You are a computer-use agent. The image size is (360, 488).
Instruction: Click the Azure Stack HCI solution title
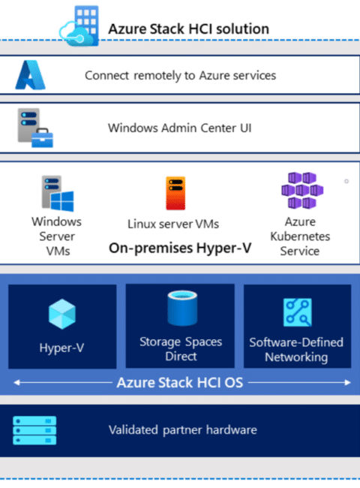pos(188,29)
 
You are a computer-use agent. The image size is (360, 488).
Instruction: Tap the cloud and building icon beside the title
pos(79,26)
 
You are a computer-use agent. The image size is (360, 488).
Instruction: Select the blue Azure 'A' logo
pos(31,75)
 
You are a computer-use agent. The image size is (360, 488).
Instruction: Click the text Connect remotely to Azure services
pos(180,76)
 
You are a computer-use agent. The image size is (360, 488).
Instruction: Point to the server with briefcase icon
pos(35,128)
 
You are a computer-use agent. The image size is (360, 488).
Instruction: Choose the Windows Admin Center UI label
pos(180,128)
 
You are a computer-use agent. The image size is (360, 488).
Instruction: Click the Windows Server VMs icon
pos(58,194)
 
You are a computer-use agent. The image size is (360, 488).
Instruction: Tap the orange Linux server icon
pos(175,193)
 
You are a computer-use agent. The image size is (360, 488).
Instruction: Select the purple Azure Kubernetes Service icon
pos(302,190)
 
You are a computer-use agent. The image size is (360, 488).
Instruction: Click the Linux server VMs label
pos(173,224)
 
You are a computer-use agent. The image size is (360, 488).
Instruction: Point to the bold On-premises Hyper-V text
pos(180,248)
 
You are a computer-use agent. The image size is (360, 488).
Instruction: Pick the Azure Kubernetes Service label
pos(300,236)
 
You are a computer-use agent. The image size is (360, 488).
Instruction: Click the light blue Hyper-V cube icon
pos(62,314)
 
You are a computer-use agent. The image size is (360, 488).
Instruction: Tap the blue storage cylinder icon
pos(182,308)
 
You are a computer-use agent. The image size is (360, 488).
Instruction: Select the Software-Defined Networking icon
pos(298,312)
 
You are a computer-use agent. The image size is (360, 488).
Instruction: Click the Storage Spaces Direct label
pos(181,349)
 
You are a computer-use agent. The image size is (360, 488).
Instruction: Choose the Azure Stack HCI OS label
pos(180,382)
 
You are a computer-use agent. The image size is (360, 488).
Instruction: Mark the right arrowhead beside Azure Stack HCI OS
pos(348,382)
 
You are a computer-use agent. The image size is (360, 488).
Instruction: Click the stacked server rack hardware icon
pos(34,430)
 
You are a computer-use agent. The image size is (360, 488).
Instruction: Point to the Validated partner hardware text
pos(183,429)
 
